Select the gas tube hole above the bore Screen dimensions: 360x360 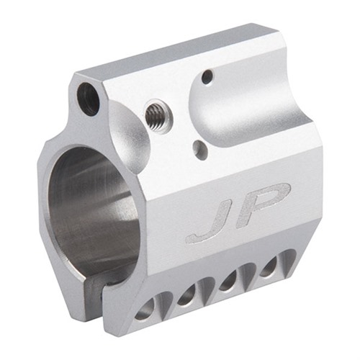89,98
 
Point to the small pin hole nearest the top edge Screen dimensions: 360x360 207,75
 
